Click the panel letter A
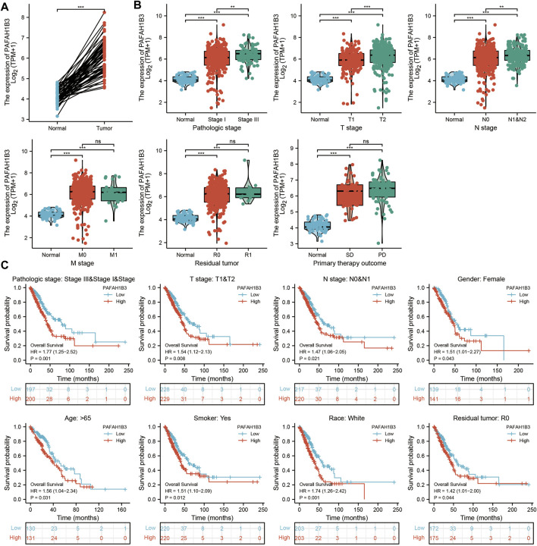pyautogui.click(x=5, y=6)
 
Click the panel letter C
pyautogui.click(x=5, y=265)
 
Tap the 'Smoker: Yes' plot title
pyautogui.click(x=180, y=411)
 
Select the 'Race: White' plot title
pyautogui.click(x=312, y=411)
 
